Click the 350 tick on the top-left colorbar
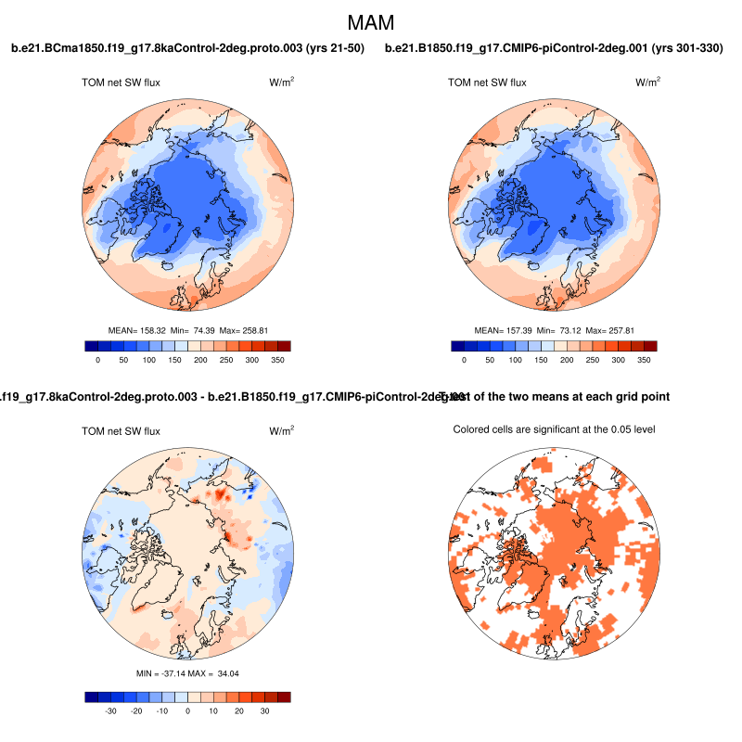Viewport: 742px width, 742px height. pyautogui.click(x=277, y=359)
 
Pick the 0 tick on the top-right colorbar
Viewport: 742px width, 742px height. pyautogui.click(x=465, y=359)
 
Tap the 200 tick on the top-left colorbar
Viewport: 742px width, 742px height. pyautogui.click(x=200, y=359)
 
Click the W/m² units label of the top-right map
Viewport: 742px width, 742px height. pyautogui.click(x=648, y=83)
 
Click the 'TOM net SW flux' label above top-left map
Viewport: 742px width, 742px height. pyautogui.click(x=122, y=83)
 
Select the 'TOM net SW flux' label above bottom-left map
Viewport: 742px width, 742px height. pyautogui.click(x=122, y=431)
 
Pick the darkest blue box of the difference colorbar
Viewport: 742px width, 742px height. pyautogui.click(x=91, y=697)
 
